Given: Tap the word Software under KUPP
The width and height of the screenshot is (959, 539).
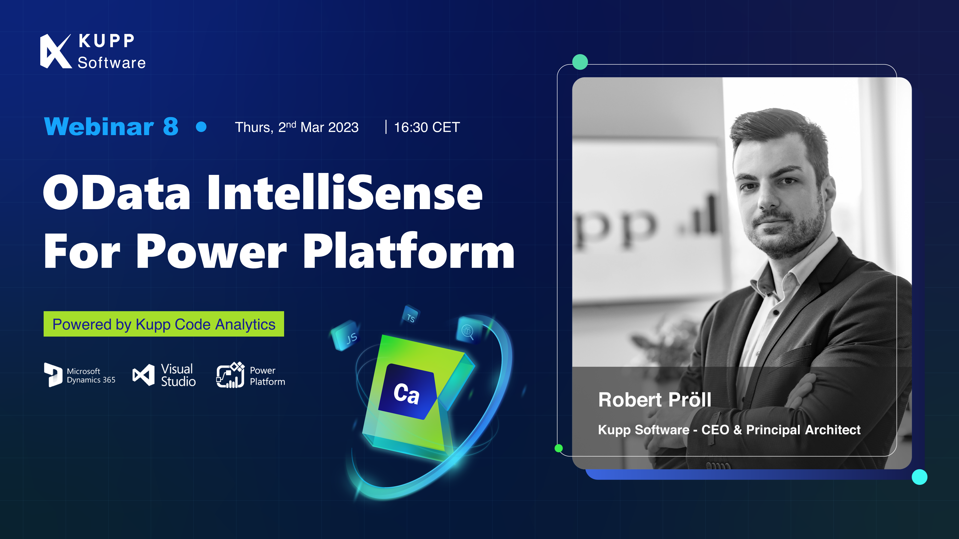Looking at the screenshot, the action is click(112, 63).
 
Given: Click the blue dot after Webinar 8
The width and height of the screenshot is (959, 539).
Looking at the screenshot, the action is click(201, 127).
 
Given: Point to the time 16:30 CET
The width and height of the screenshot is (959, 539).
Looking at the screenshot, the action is click(427, 127).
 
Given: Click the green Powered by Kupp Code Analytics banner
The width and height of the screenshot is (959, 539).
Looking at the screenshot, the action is click(164, 324).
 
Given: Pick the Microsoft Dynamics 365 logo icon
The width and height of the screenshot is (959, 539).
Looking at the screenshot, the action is click(53, 375).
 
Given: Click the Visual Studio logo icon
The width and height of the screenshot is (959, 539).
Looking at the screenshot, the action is click(143, 375).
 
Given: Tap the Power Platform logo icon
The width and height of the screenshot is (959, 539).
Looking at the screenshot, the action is click(230, 375).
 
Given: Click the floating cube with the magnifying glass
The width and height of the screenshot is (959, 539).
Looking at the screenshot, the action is click(469, 330).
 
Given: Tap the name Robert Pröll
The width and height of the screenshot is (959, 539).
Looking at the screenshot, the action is click(655, 400).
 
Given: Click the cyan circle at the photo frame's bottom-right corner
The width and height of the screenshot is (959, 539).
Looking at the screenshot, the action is click(919, 477).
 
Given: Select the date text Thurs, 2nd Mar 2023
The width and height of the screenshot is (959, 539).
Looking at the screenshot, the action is click(297, 127).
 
